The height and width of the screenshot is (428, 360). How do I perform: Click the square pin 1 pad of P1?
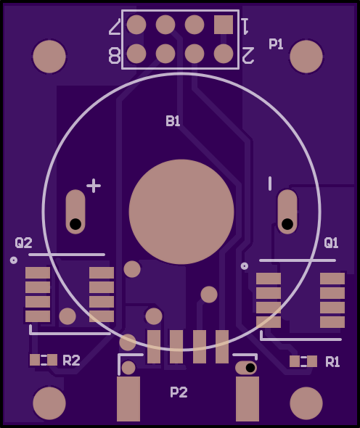click(x=224, y=25)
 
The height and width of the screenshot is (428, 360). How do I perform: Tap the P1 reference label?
click(x=276, y=44)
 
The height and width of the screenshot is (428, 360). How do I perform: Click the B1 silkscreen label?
click(x=173, y=121)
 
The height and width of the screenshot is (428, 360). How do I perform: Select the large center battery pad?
click(x=181, y=212)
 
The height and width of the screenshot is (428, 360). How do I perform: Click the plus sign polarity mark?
click(x=94, y=186)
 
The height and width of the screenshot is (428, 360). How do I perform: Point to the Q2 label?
click(x=23, y=243)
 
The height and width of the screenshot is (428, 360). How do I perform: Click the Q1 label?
click(x=331, y=243)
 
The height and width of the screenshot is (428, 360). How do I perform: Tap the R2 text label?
click(x=71, y=361)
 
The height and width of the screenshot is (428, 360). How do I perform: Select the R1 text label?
click(x=332, y=362)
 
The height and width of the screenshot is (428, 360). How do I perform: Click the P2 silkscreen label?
click(x=179, y=392)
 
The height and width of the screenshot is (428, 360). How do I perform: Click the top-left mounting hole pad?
click(x=49, y=57)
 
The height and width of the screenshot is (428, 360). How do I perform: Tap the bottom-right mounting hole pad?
click(x=306, y=403)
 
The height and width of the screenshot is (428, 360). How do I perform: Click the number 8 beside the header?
click(x=115, y=55)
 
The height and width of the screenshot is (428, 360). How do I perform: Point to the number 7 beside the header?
click(x=115, y=27)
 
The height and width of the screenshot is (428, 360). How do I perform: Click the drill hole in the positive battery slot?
click(x=75, y=224)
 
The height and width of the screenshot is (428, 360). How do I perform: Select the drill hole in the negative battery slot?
click(x=287, y=224)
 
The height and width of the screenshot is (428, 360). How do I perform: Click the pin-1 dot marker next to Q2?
click(x=14, y=260)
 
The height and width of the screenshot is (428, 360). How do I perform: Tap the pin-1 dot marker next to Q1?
click(x=245, y=266)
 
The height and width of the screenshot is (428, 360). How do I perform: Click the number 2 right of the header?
click(x=248, y=55)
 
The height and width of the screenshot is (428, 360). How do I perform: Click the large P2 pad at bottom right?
click(x=247, y=399)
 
